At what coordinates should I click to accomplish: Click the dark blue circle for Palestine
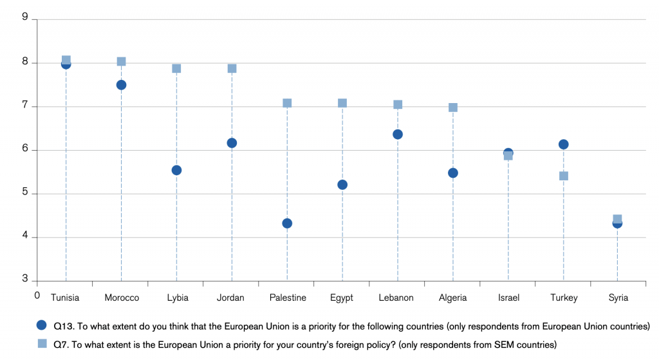(x=287, y=223)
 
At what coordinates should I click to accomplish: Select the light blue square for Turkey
(x=564, y=176)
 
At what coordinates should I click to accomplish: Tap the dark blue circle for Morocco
(x=121, y=85)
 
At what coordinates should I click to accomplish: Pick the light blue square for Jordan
(x=232, y=68)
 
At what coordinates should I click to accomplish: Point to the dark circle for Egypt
(x=342, y=185)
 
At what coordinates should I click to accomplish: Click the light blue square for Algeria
(x=452, y=108)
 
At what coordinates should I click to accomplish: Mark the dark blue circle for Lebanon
(x=398, y=135)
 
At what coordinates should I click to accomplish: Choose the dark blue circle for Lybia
(x=176, y=170)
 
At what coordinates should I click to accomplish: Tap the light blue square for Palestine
(x=287, y=103)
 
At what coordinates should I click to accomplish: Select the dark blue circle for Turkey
(x=564, y=145)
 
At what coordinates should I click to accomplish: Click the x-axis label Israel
(x=508, y=298)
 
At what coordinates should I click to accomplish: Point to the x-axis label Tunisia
(x=65, y=298)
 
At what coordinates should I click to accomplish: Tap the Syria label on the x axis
(x=618, y=298)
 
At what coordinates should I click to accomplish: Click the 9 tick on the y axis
(x=25, y=17)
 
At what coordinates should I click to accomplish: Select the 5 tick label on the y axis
(x=25, y=192)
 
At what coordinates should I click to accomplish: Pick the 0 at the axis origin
(x=37, y=295)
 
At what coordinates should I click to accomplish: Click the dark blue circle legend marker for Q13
(x=42, y=325)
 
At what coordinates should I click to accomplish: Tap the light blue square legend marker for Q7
(x=42, y=344)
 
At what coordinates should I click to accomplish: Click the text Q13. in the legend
(x=64, y=327)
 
